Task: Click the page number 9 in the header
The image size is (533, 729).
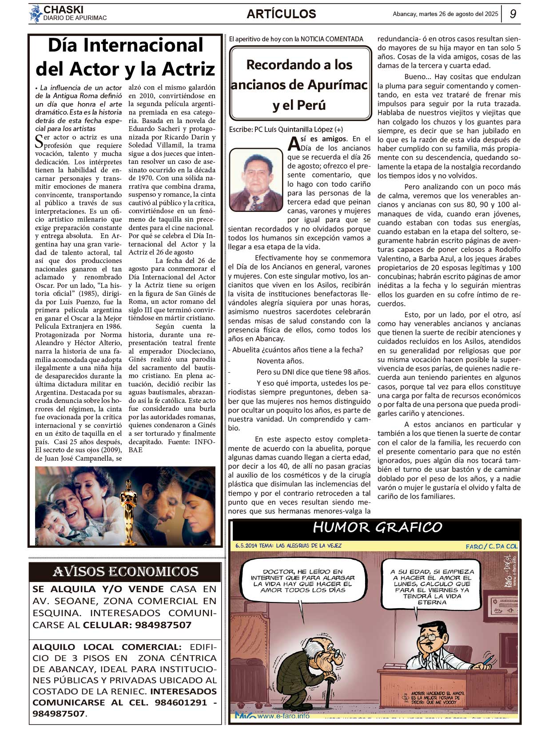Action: [x=513, y=14]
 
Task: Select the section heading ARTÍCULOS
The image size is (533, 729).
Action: [x=281, y=14]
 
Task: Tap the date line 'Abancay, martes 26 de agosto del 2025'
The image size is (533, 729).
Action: [x=445, y=14]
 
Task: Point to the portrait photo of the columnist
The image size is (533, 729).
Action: [x=256, y=179]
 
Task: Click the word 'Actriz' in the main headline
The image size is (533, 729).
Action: [x=188, y=69]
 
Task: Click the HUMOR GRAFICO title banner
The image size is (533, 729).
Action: [x=377, y=527]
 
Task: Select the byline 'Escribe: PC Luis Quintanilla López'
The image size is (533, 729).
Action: [x=286, y=129]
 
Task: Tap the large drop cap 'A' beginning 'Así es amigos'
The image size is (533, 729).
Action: [x=294, y=143]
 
